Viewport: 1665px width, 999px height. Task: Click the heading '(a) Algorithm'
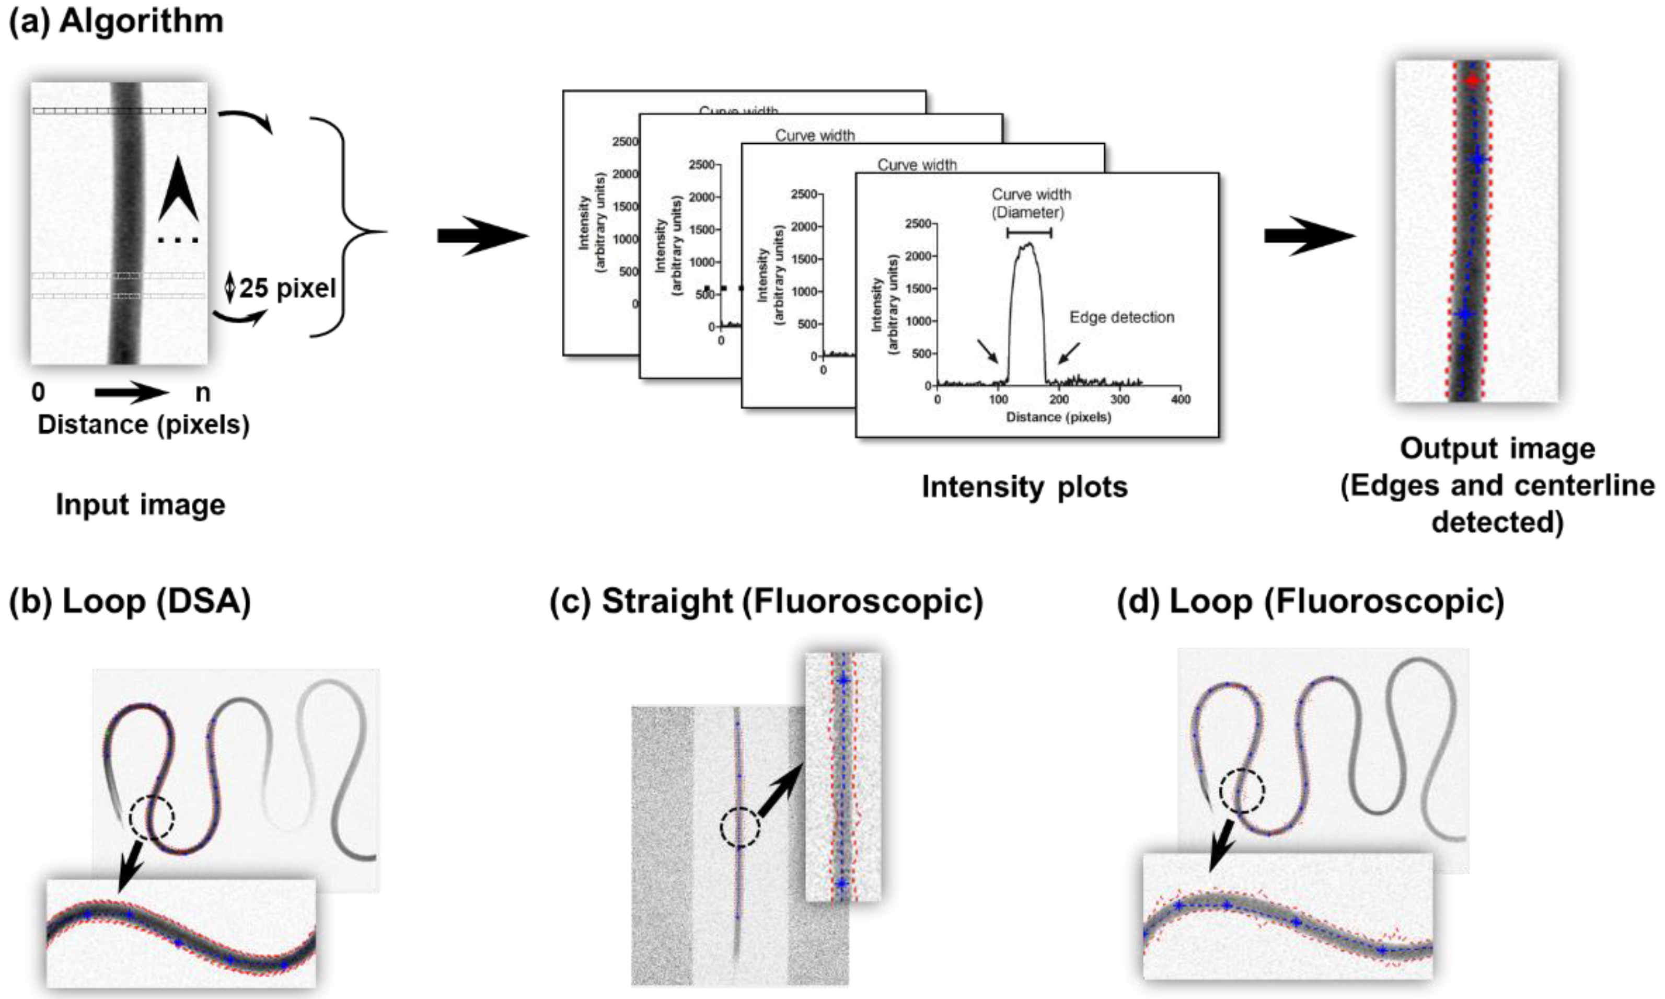point(116,21)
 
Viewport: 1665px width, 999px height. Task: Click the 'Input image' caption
point(140,504)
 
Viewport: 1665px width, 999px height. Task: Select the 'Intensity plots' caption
point(1024,486)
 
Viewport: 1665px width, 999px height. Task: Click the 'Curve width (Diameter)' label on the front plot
point(1031,203)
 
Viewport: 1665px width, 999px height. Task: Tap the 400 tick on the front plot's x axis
point(1181,399)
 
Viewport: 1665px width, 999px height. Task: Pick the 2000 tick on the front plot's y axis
point(919,256)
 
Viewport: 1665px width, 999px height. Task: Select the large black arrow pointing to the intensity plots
point(482,236)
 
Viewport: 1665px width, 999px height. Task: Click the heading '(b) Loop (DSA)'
point(130,601)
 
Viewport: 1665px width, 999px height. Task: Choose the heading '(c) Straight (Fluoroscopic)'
point(766,601)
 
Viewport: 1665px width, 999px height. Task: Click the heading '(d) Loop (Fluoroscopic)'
point(1310,601)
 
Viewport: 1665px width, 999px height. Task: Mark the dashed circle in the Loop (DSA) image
point(152,817)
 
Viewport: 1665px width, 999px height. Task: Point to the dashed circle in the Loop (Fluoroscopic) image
point(1242,791)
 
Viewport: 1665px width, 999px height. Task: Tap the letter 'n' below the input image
point(202,393)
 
